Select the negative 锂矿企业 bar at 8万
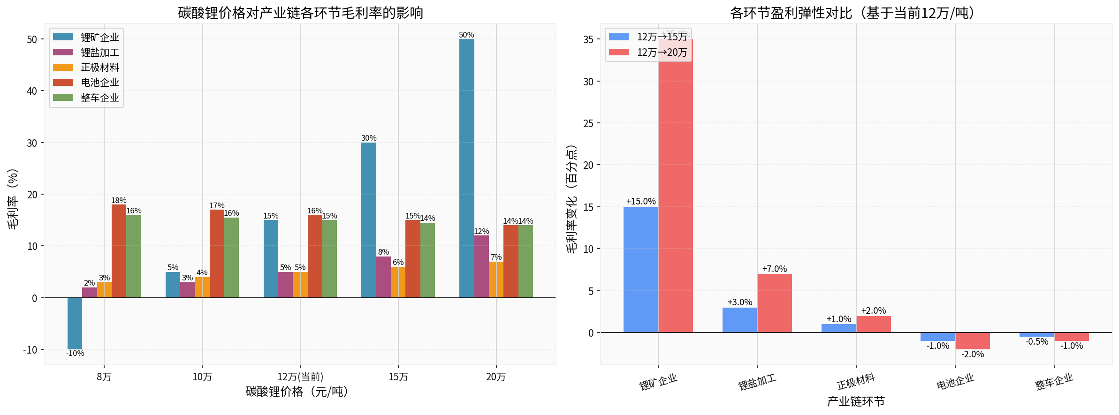tap(75, 324)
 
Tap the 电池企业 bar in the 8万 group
tap(119, 251)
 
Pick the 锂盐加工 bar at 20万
tap(481, 266)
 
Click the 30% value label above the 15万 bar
tap(369, 138)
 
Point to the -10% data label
tap(75, 354)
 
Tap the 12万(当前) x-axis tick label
tap(300, 377)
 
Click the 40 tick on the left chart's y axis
tap(32, 91)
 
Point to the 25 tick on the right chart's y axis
tap(588, 123)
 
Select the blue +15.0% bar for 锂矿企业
tap(640, 270)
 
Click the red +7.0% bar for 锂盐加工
tap(774, 303)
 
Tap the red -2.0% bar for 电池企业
tap(972, 341)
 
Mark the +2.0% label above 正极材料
tap(873, 311)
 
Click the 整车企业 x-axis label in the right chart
tap(1054, 382)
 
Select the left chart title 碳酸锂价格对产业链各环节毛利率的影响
tap(300, 13)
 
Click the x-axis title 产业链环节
tap(856, 401)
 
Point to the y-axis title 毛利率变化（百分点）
tap(571, 199)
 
